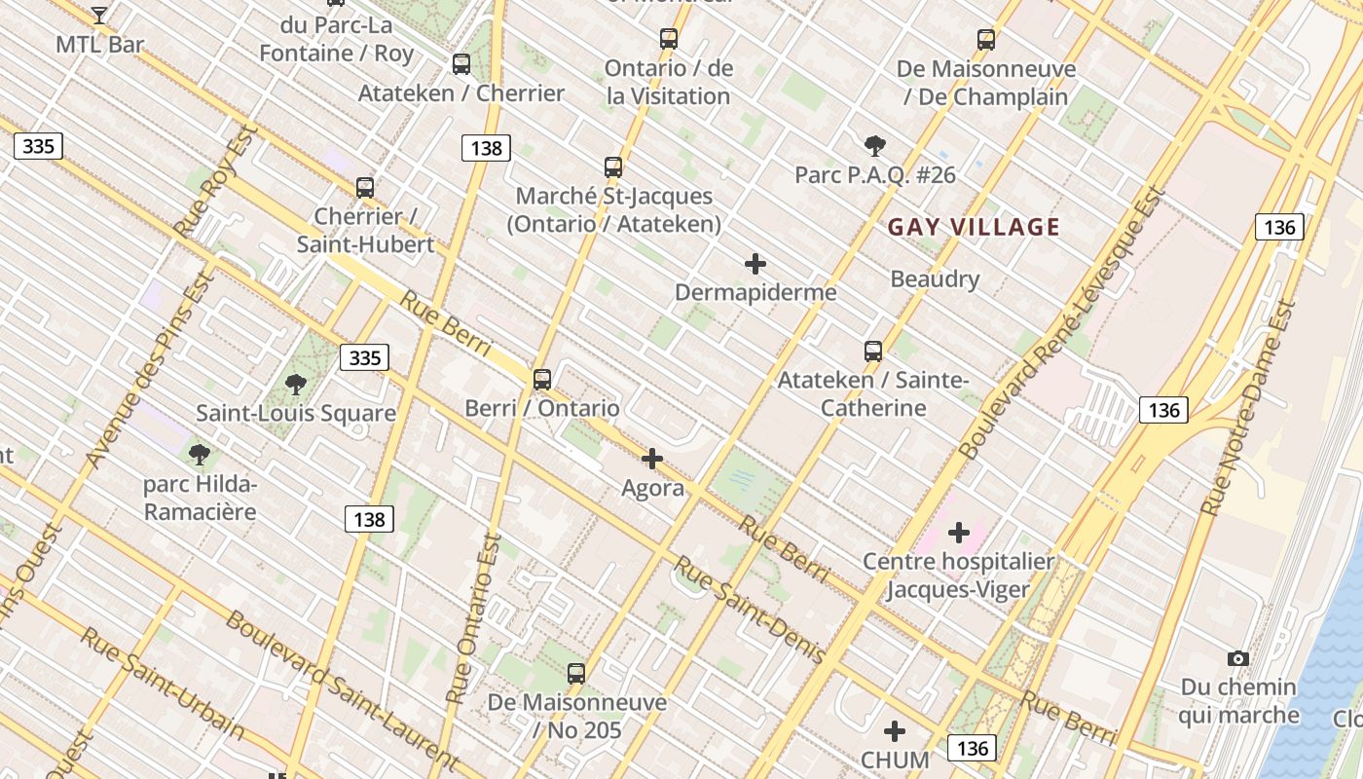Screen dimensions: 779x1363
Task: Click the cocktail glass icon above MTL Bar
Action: coord(98,15)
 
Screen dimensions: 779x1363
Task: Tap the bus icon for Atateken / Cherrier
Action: coord(461,64)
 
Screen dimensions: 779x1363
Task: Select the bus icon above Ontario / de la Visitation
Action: coord(668,39)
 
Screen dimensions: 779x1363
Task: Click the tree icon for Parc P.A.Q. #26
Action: coord(874,146)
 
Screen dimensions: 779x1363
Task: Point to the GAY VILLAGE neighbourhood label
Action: coord(974,228)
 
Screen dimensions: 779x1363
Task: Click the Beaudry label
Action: coord(935,279)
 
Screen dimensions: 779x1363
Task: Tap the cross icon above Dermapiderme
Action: coord(755,264)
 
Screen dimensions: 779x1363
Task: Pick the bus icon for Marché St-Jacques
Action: coord(612,167)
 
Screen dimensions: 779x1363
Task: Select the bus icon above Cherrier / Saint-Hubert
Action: coord(365,187)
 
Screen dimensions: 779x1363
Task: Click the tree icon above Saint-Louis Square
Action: coord(296,385)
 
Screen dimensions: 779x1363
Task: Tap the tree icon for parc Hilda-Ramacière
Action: coord(200,454)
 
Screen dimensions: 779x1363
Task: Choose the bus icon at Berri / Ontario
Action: coord(541,380)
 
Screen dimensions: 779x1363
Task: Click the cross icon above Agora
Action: coord(652,459)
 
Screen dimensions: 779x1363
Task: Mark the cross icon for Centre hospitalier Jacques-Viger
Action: coord(958,533)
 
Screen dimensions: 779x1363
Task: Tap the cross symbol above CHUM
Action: coord(895,731)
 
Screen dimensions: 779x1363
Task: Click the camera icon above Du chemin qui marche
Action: coord(1237,659)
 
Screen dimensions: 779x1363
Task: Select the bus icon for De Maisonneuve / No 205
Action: coord(576,673)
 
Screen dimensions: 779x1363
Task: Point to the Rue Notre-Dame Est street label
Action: coord(1248,409)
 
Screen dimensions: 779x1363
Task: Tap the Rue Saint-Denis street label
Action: coord(751,610)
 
